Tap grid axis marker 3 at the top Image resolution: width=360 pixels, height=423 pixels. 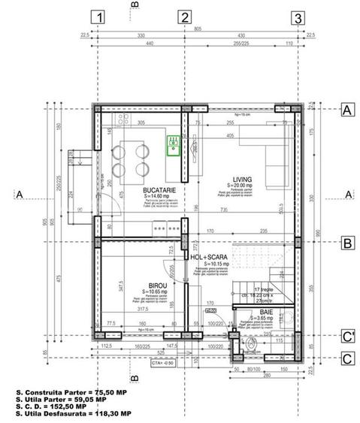298,17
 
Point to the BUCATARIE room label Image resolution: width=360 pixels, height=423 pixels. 159,192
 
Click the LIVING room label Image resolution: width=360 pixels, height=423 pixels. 242,180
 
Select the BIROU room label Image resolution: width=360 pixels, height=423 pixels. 158,286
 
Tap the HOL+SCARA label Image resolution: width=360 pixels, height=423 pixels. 215,257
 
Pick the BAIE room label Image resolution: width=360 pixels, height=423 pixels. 267,311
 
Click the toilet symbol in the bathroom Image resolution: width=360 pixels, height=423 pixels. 250,346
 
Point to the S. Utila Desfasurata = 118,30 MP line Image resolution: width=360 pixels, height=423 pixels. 73,413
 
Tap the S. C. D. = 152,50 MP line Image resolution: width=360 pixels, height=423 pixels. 51,406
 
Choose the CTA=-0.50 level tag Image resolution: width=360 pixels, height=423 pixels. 162,362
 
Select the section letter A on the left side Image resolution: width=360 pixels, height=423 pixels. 20,195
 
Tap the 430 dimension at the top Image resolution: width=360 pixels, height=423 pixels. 241,35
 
